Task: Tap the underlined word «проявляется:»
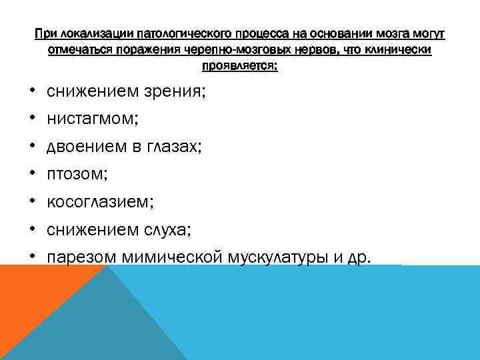point(240,67)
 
